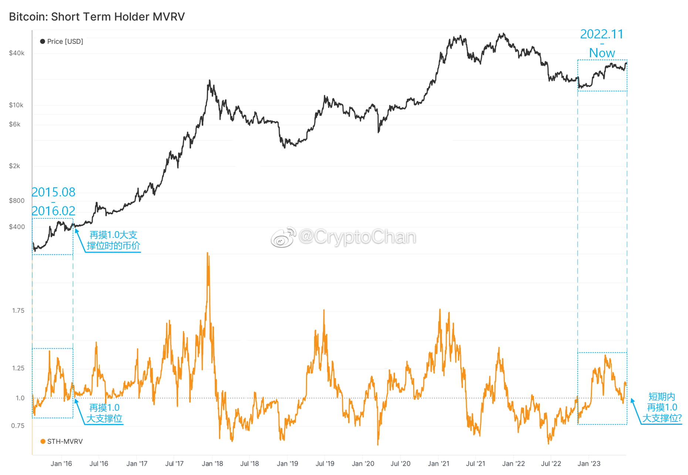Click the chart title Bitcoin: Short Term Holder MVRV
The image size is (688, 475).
(97, 17)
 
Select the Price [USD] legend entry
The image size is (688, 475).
(62, 41)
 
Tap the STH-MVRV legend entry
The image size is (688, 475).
(62, 441)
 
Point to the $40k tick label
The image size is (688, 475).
(17, 53)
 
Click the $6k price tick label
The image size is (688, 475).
(15, 124)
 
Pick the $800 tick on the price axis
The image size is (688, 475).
(17, 201)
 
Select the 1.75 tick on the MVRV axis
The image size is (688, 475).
(18, 311)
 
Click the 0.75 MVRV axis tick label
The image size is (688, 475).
(18, 426)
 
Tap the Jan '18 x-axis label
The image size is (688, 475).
(212, 464)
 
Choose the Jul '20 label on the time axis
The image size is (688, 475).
(400, 464)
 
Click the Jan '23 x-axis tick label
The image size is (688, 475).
(589, 464)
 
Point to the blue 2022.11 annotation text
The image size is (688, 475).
(601, 34)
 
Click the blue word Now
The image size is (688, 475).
(602, 53)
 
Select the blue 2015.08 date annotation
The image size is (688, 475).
(53, 192)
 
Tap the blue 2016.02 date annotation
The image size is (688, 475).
(53, 211)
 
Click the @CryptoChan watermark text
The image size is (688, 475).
(357, 237)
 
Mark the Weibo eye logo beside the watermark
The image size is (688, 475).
(283, 237)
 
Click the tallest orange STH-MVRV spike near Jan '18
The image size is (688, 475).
(208, 255)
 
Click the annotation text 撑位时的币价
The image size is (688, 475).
(114, 246)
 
